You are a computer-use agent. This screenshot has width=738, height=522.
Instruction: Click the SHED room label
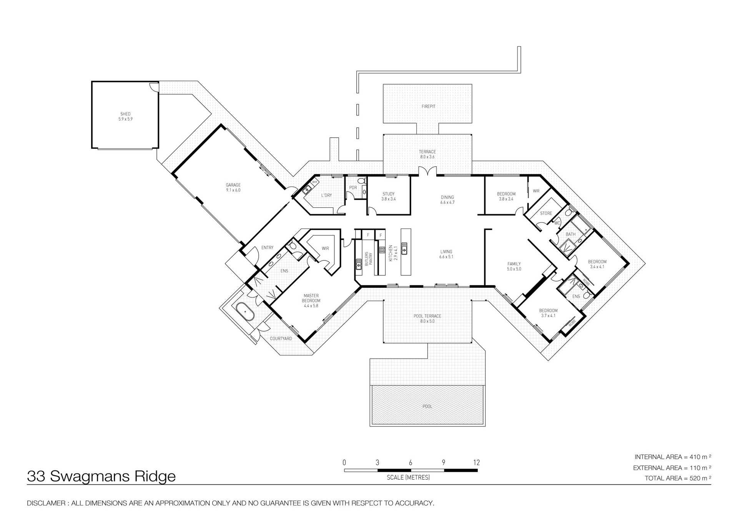pyautogui.click(x=125, y=117)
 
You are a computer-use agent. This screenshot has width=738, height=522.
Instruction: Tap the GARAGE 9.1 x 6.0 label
pyautogui.click(x=233, y=188)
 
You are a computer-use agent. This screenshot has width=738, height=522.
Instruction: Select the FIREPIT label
pyautogui.click(x=428, y=107)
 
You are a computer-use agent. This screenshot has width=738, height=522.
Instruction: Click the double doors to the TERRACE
pyautogui.click(x=427, y=172)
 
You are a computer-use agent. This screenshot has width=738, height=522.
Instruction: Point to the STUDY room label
pyautogui.click(x=388, y=196)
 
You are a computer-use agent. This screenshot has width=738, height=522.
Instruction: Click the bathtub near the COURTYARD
pyautogui.click(x=245, y=312)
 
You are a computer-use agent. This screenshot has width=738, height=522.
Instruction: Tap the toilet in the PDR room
pyautogui.click(x=361, y=181)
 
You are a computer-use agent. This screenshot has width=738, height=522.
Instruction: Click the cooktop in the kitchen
pyautogui.click(x=382, y=250)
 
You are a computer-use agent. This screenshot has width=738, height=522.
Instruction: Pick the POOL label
pyautogui.click(x=427, y=406)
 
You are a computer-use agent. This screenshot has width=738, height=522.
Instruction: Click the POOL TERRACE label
pyautogui.click(x=427, y=319)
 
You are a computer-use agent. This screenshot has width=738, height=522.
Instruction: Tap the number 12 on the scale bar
pyautogui.click(x=476, y=463)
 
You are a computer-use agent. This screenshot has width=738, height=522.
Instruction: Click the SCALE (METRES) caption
pyautogui.click(x=408, y=477)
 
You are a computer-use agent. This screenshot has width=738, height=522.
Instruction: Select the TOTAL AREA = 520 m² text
pyautogui.click(x=677, y=478)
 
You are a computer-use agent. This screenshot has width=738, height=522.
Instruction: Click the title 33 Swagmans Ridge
pyautogui.click(x=101, y=476)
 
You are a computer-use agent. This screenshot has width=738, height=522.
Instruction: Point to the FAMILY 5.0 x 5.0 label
pyautogui.click(x=514, y=266)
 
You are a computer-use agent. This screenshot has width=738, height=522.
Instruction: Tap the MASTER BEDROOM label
pyautogui.click(x=311, y=300)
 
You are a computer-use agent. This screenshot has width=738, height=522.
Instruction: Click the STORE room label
pyautogui.click(x=546, y=213)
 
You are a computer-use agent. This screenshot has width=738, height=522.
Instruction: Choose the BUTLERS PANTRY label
pyautogui.click(x=368, y=258)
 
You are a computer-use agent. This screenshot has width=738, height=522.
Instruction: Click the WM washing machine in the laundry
pyautogui.click(x=314, y=182)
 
